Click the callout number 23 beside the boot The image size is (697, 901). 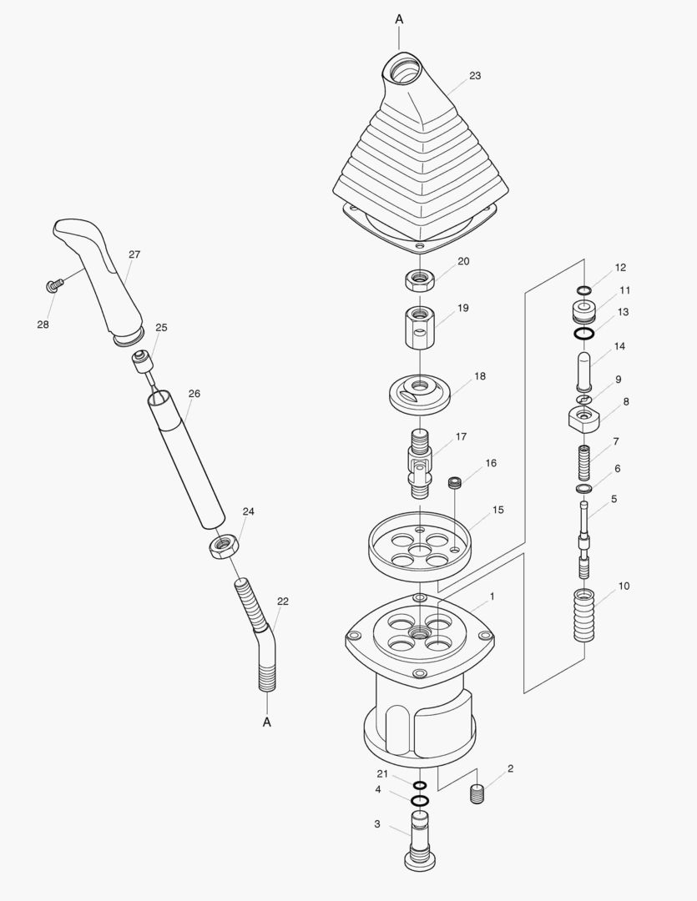click(x=474, y=76)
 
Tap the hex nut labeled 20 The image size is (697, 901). click(x=420, y=279)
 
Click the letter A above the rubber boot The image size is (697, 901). click(x=399, y=18)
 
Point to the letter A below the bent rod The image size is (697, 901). click(x=267, y=722)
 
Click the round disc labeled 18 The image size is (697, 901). click(x=420, y=391)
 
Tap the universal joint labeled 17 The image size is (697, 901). click(x=420, y=461)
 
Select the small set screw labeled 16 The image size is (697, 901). click(x=456, y=482)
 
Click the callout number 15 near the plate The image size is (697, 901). click(x=497, y=509)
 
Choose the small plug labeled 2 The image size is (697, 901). click(x=478, y=795)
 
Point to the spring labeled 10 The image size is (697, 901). click(x=584, y=616)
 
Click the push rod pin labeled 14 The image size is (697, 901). click(x=583, y=370)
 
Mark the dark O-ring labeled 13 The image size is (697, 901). click(x=583, y=335)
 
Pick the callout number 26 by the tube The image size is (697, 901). click(x=194, y=394)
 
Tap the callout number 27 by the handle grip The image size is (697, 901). click(x=134, y=254)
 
